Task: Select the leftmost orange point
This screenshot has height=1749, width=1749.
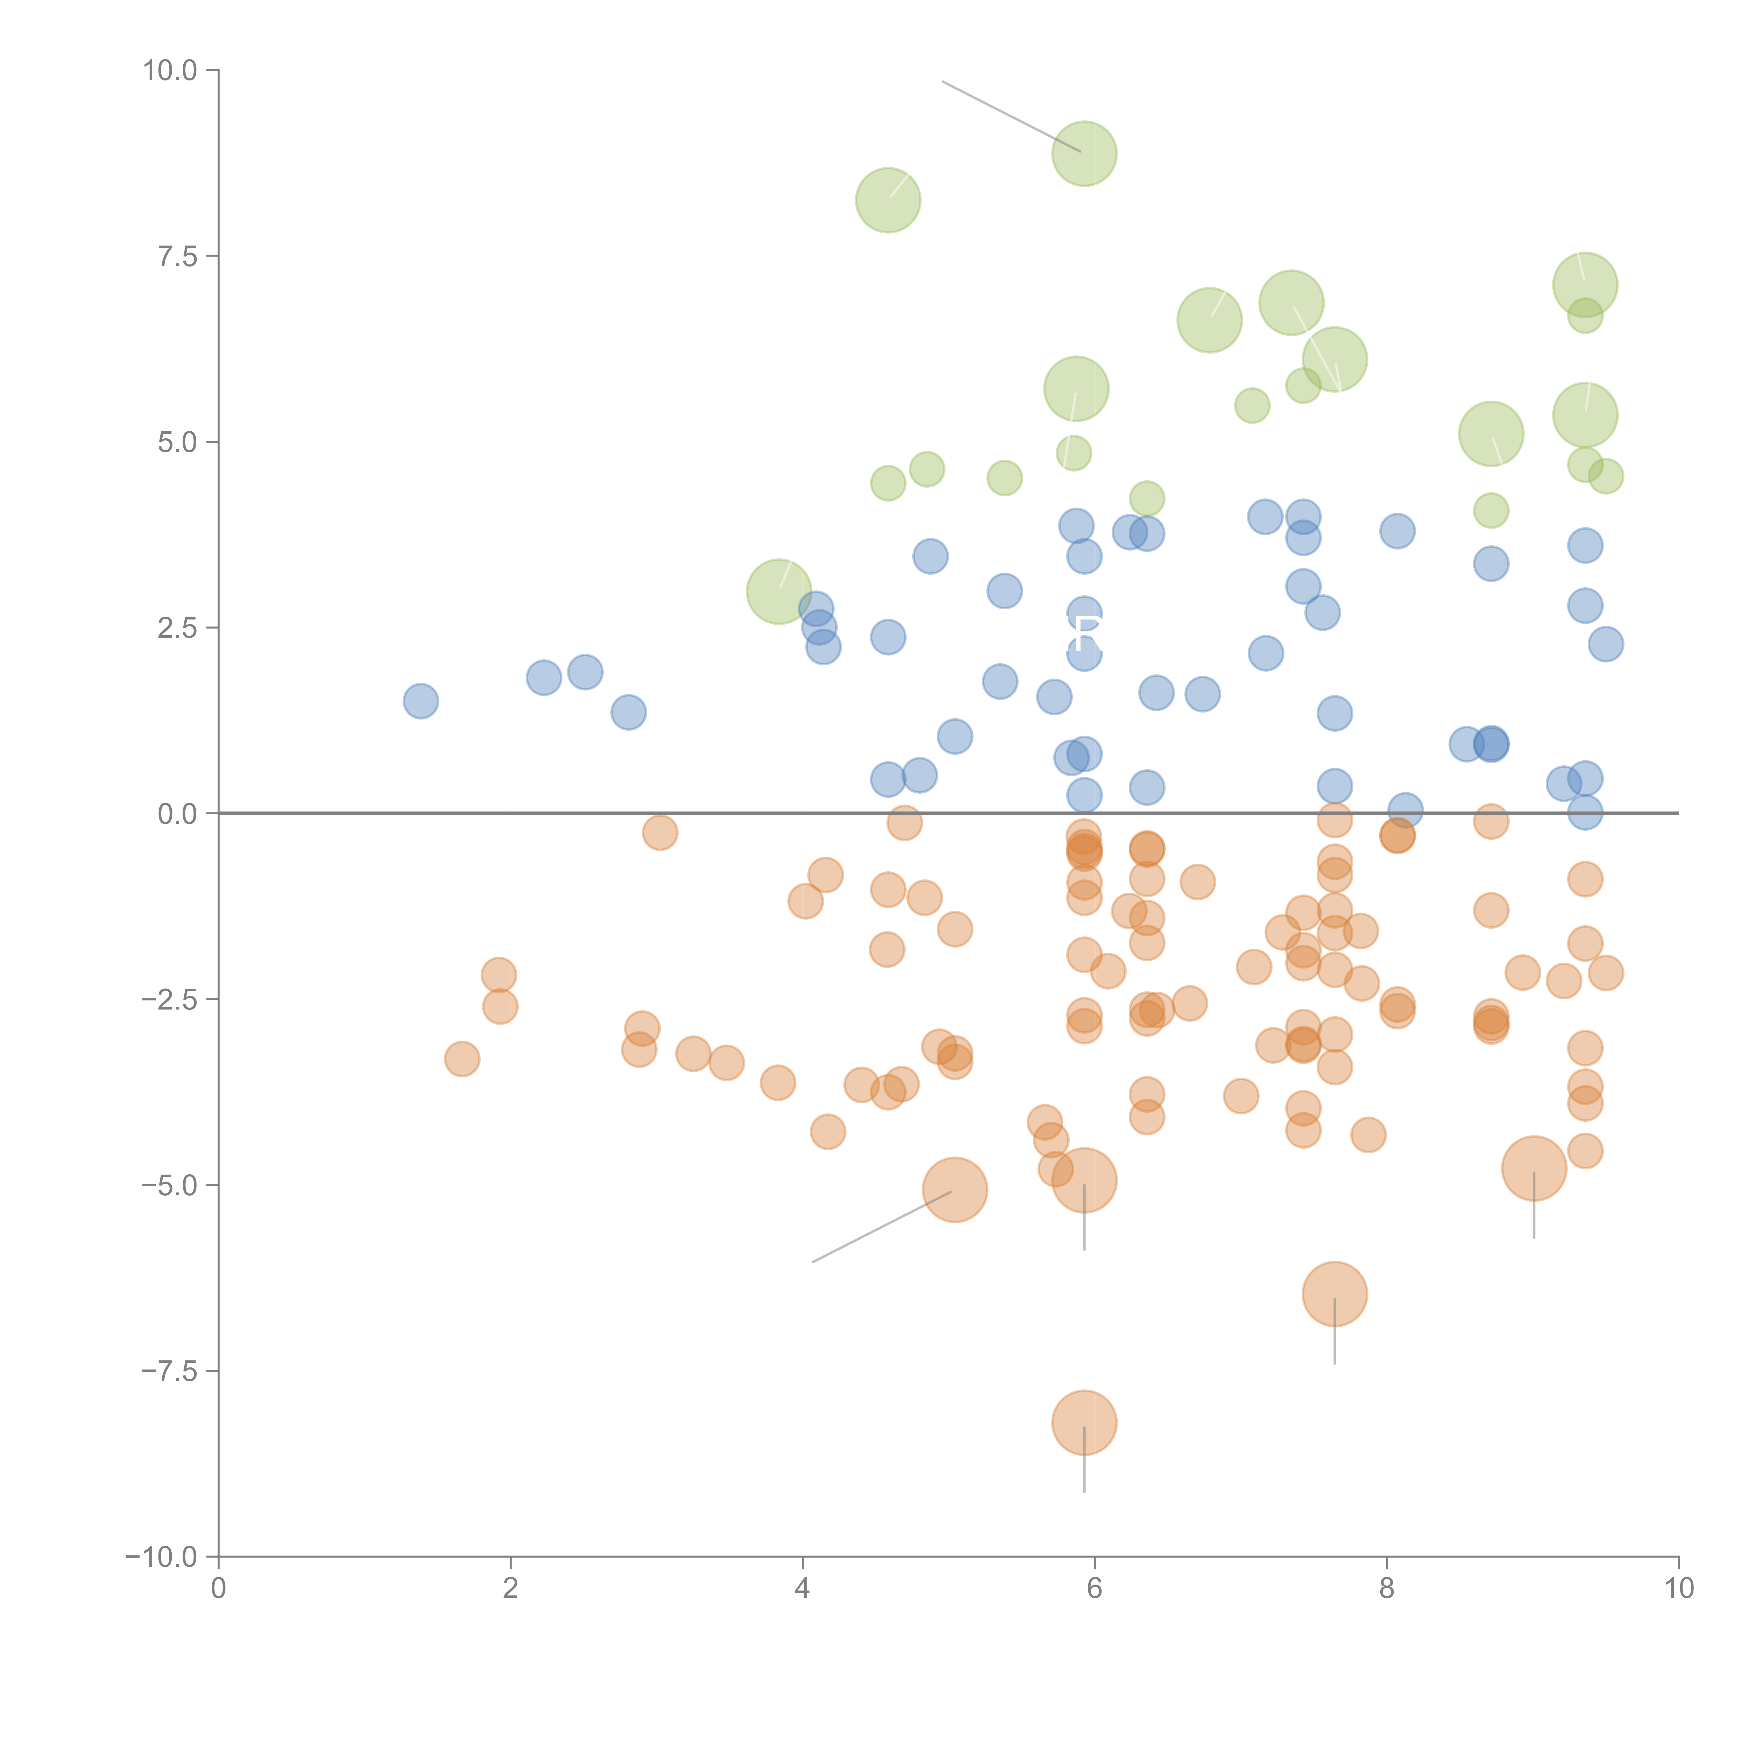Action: [462, 1059]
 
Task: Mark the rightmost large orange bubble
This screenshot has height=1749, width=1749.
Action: [1534, 1168]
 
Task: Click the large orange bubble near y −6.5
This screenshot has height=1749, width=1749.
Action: [1334, 1294]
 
